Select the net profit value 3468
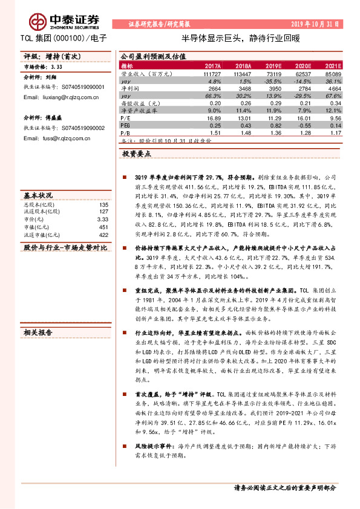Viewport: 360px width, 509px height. (243, 88)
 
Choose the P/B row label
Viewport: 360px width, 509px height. (126, 132)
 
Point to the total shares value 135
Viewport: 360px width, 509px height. (103, 205)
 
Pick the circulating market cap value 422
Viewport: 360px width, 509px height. (103, 235)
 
